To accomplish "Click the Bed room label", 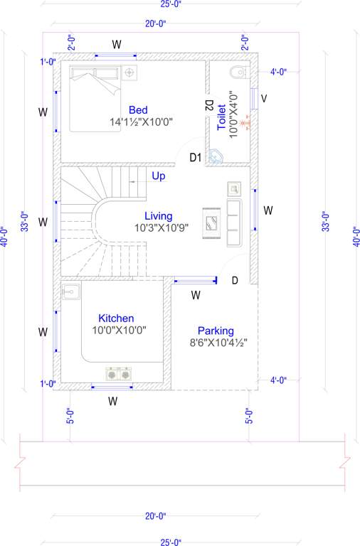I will point(138,109).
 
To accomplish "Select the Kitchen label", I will point(116,318).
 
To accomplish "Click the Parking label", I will point(216,331).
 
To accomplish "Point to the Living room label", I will point(158,215).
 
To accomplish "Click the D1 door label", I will point(196,157).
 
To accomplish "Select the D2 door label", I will point(209,105).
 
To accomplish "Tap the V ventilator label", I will point(264,98).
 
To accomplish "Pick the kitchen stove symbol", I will point(119,373).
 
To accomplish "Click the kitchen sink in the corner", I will point(70,291).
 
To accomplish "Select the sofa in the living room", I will point(234,223).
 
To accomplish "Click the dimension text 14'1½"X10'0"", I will point(142,122).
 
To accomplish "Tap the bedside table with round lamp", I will point(129,73).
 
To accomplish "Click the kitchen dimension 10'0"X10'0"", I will point(118,331).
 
